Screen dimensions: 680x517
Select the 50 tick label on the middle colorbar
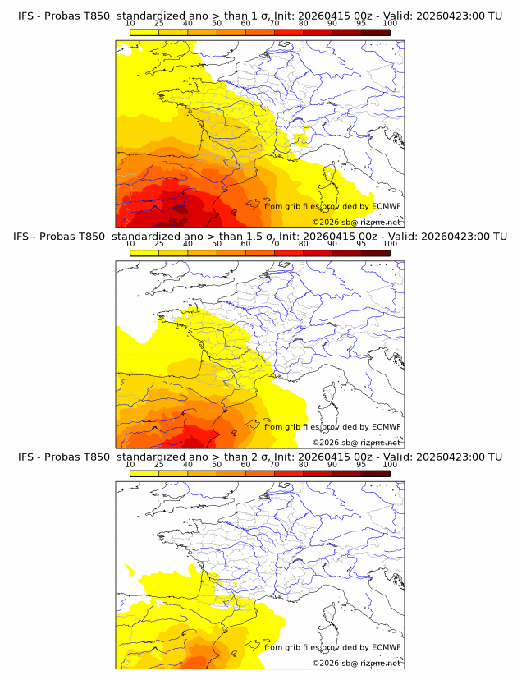click(217, 245)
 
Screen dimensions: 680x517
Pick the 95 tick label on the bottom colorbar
click(361, 465)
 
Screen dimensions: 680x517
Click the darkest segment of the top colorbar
click(375, 33)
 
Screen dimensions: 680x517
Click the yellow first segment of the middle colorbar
click(144, 253)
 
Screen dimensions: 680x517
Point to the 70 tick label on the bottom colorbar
click(274, 465)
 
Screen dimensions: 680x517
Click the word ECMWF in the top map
click(386, 206)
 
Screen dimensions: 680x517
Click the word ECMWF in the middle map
click(386, 426)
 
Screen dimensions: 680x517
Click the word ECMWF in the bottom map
click(386, 646)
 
